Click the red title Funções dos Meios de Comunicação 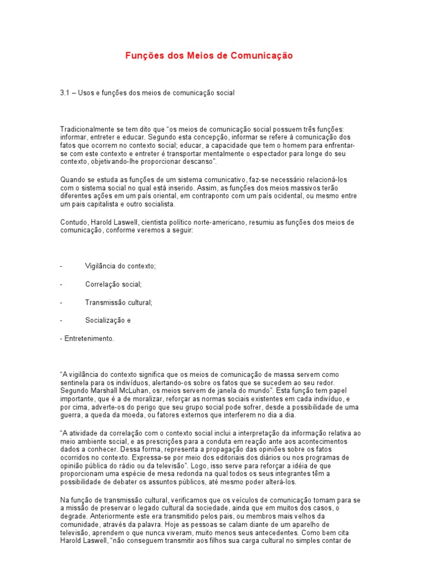[209, 56]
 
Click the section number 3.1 [65, 93]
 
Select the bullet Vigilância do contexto [121, 266]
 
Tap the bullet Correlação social [113, 284]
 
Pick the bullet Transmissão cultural [118, 302]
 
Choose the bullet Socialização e [108, 320]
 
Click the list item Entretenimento [88, 339]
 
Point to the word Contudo [72, 222]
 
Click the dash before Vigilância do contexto [61, 266]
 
